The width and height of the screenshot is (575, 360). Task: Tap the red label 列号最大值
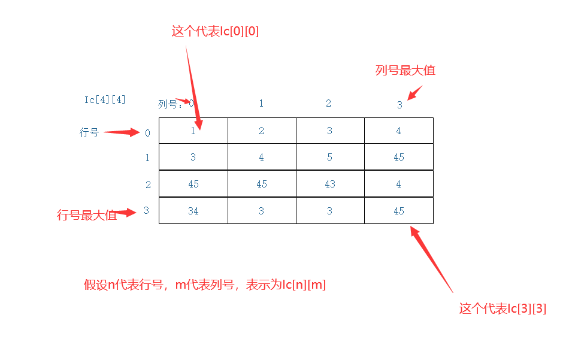[x=405, y=70]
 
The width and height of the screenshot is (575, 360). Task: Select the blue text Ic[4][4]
[x=105, y=99]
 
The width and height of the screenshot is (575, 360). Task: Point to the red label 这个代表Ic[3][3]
[x=503, y=309]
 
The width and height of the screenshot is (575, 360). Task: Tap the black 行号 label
[x=89, y=132]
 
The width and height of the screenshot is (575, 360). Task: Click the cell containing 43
[x=330, y=184]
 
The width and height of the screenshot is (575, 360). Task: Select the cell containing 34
[x=193, y=211]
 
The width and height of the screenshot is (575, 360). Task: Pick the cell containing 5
[x=330, y=157]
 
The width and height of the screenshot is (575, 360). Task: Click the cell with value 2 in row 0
[x=262, y=131]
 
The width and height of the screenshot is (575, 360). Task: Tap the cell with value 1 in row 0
[x=193, y=131]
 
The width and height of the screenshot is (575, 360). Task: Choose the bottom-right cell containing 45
[x=399, y=211]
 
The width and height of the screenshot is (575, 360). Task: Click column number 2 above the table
[x=328, y=103]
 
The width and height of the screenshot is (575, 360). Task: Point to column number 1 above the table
[x=261, y=103]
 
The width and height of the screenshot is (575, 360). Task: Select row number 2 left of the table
[x=148, y=184]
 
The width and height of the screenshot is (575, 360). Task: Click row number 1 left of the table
[x=147, y=158]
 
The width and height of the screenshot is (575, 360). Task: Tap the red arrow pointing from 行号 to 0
[x=122, y=132]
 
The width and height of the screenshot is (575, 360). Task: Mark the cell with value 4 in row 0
[x=399, y=131]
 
